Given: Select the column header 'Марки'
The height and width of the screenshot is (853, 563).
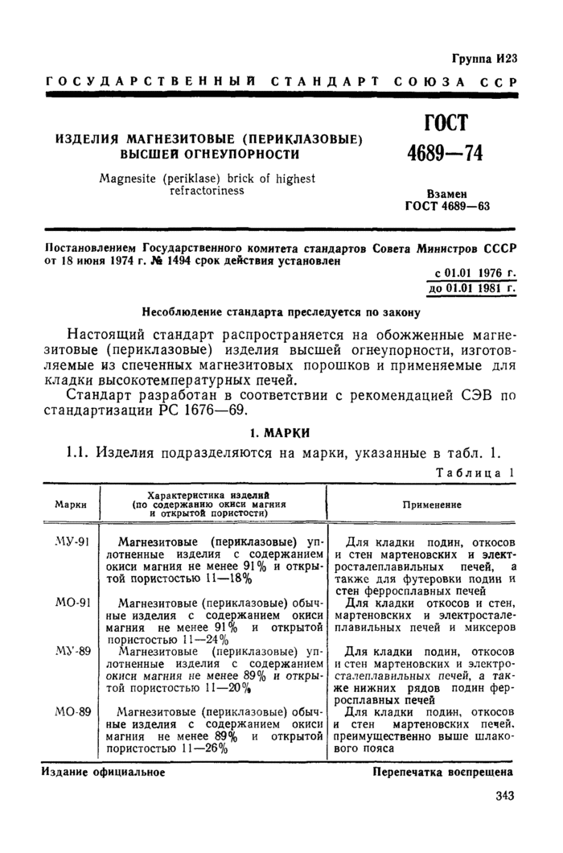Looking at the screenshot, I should click(71, 505).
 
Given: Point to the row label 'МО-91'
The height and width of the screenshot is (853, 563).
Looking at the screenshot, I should click(72, 601).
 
